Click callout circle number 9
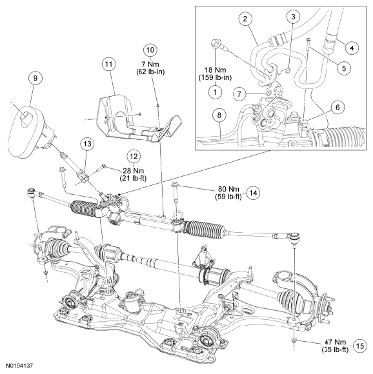35,78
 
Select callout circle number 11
108,64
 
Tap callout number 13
87,144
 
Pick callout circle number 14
253,193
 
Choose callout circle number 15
360,346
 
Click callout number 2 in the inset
245,19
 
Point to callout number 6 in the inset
338,108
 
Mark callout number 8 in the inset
219,115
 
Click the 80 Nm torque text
228,189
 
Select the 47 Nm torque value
335,342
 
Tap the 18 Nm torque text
215,70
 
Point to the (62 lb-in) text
150,72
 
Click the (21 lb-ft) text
134,178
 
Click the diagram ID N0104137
19,366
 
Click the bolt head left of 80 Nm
175,184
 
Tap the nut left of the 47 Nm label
294,340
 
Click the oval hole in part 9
25,117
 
